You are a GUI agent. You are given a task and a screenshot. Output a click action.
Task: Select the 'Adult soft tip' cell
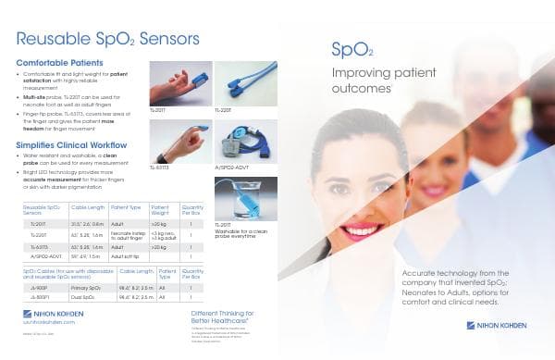125,255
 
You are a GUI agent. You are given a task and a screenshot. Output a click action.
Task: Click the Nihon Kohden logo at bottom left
51,314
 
